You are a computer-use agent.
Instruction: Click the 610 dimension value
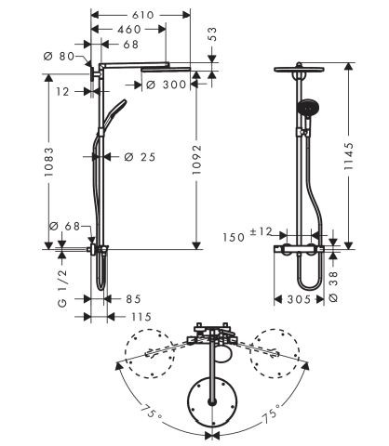tap(144, 15)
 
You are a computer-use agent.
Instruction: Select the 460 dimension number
tap(129, 30)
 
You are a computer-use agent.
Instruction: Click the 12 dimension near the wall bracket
tap(63, 91)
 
